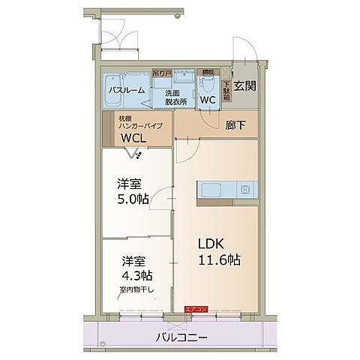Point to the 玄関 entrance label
click(x=244, y=85)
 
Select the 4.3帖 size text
click(x=137, y=276)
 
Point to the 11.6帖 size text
click(x=220, y=260)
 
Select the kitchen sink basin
click(x=211, y=190)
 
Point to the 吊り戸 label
click(x=160, y=73)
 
